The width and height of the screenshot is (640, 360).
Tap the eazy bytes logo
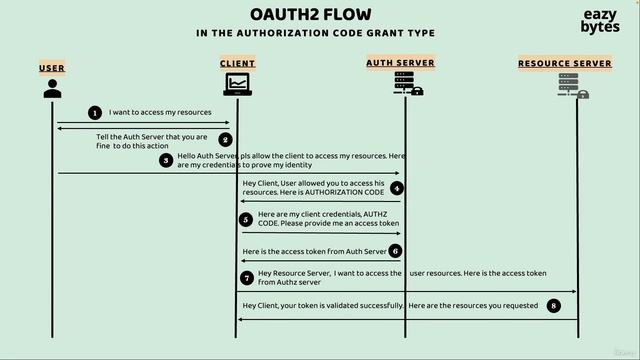point(600,21)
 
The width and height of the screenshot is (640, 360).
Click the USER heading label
point(52,68)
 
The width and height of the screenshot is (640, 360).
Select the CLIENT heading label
point(237,63)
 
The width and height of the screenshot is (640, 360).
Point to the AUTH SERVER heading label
point(399,63)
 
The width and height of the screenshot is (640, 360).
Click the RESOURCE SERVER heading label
point(564,63)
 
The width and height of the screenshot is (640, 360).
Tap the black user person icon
point(52,88)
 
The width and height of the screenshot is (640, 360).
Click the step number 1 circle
point(95,113)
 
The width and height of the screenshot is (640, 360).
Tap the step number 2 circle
point(226,140)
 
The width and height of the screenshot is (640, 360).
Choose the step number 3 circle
point(166,160)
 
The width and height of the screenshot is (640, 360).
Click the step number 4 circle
point(397,188)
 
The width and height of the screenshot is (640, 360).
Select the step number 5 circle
point(245,219)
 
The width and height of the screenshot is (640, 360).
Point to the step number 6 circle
point(396,251)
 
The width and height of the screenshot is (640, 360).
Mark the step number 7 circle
point(246,277)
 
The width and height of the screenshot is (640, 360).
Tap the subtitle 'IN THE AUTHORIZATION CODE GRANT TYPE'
point(315,33)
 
